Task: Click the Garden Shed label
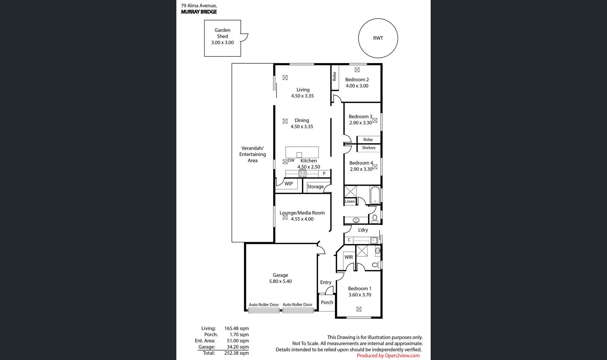[223, 33]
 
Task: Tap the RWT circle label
[378, 38]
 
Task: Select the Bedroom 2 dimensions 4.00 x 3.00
[357, 86]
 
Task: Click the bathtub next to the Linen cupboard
[375, 195]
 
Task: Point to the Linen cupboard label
[350, 201]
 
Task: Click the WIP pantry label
[289, 184]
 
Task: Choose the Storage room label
[315, 187]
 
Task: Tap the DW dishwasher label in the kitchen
[291, 160]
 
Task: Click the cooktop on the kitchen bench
[302, 173]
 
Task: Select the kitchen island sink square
[299, 155]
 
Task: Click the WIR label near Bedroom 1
[348, 257]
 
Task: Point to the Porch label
[327, 302]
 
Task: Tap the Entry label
[326, 282]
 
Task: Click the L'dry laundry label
[363, 230]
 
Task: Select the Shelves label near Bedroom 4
[369, 148]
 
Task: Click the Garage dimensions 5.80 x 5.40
[280, 281]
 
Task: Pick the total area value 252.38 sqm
[236, 353]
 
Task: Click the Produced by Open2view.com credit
[388, 356]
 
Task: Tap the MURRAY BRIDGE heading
[199, 12]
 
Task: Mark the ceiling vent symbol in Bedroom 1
[359, 309]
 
